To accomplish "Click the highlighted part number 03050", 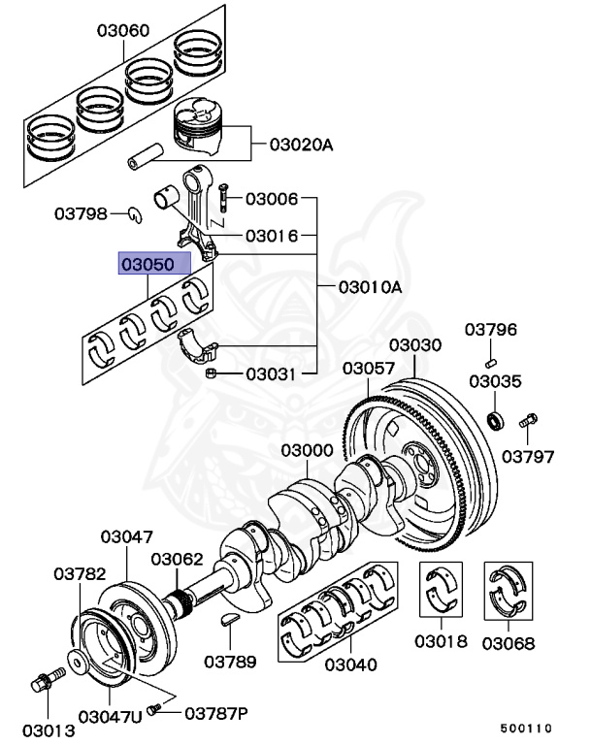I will coord(148,264).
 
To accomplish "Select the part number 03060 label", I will coord(122,30).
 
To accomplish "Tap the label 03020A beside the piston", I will coord(301,146).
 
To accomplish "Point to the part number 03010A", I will coord(370,287).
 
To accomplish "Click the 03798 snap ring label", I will coord(81,213).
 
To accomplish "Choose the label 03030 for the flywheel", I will coord(415,346).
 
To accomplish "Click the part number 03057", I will coord(368,370).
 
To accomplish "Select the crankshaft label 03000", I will coord(308,451).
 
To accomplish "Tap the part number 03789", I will coord(230,663).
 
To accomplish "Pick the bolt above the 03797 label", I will coord(528,422).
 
